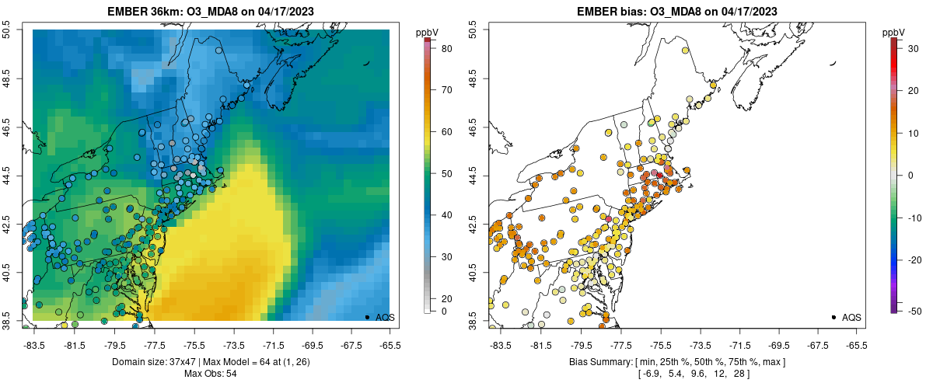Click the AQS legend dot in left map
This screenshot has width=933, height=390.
tap(367, 317)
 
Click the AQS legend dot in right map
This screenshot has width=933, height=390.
tap(833, 317)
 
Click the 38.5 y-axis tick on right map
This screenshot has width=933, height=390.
tap(473, 319)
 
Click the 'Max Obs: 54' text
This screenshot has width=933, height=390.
tap(210, 374)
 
